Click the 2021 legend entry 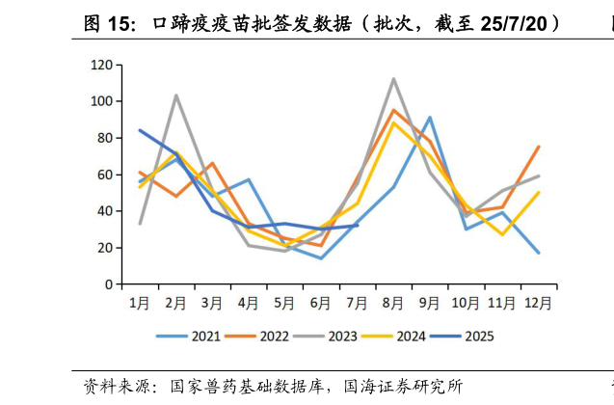click(189, 337)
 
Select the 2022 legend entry click(257, 337)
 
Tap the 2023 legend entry click(326, 337)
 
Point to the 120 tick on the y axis click(101, 65)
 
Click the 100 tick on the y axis click(101, 101)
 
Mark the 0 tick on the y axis click(108, 284)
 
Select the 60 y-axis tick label click(104, 175)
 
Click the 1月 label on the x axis click(140, 303)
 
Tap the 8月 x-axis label click(393, 303)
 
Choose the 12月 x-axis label click(538, 303)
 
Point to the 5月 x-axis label click(284, 303)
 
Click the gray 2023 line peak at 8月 click(393, 79)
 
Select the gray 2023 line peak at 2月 click(176, 95)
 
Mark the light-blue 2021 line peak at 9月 click(430, 118)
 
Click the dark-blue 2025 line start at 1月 click(140, 130)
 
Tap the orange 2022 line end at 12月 click(538, 147)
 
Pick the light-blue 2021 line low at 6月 click(321, 258)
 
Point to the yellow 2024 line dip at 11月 click(502, 234)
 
